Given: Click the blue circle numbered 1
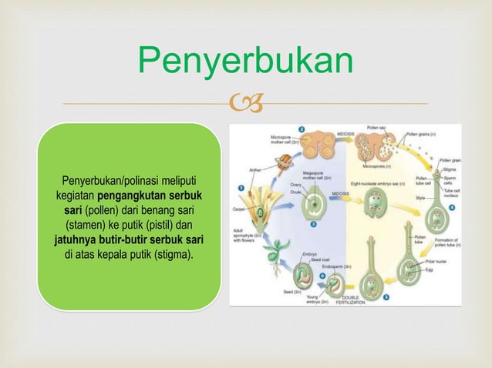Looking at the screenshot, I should (x=241, y=186).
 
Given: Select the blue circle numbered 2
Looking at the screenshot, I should (x=303, y=129).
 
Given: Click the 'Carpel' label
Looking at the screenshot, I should (x=238, y=209).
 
